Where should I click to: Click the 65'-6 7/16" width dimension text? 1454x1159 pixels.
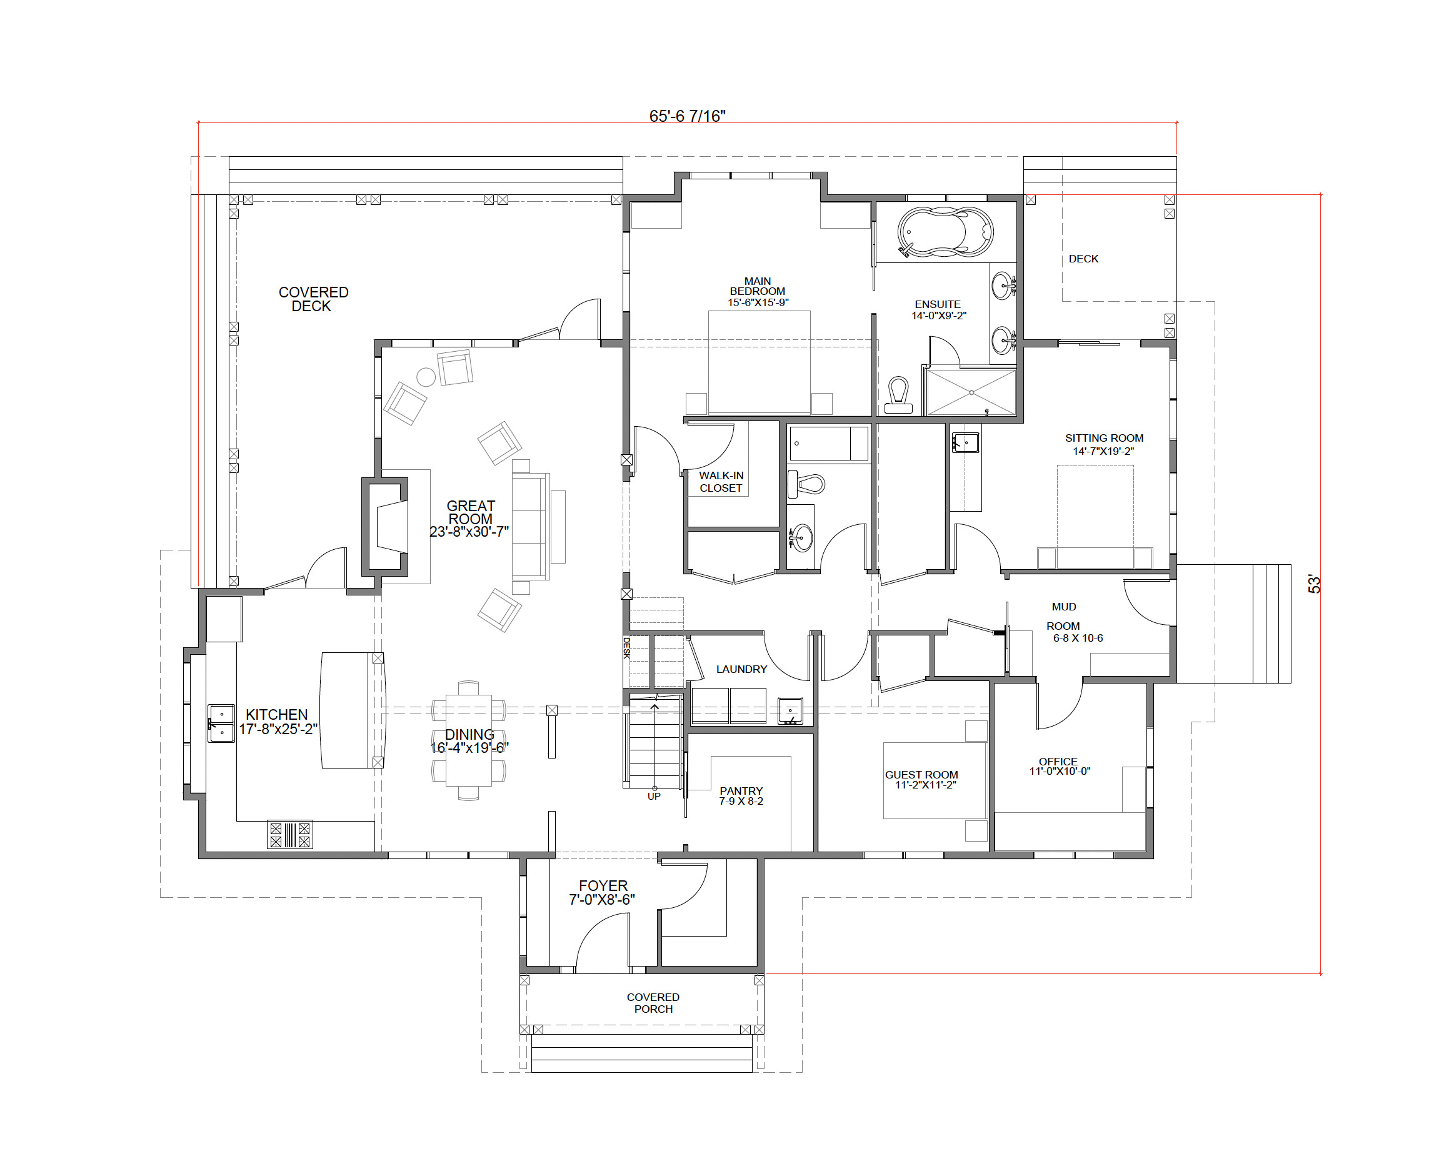pos(687,116)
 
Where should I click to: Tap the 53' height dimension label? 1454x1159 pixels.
pos(1315,584)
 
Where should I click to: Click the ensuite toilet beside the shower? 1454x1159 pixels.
pos(898,395)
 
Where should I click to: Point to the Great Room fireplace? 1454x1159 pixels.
pos(386,527)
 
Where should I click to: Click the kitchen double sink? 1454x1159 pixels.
pos(221,724)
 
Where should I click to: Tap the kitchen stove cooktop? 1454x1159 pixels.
pos(290,835)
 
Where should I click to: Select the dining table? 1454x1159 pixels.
pos(469,740)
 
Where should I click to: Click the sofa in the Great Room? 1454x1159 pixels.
pos(531,526)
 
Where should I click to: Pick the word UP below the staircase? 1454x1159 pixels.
pos(653,796)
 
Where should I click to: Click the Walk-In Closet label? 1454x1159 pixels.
pos(721,481)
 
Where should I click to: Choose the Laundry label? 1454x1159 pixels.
pos(741,669)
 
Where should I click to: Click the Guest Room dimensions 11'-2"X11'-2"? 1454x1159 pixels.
pos(925,785)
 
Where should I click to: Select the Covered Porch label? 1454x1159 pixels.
pos(653,1003)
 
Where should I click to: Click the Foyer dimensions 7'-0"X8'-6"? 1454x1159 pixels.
pos(601,900)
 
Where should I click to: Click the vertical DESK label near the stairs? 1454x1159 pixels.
pos(626,647)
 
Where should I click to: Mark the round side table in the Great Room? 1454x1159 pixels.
pos(426,377)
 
